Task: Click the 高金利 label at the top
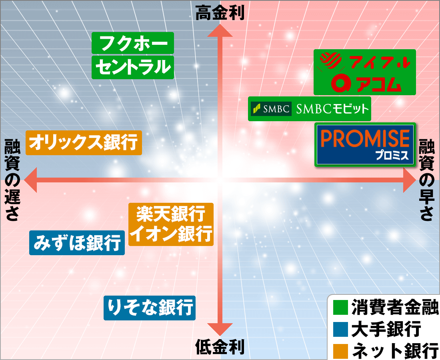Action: coord(220,13)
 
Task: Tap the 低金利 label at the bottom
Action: coord(220,347)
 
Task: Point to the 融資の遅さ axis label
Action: coord(12,180)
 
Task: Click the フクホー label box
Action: coord(133,43)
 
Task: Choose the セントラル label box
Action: coord(133,67)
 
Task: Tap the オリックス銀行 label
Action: coord(84,142)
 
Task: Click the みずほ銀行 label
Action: coord(77,243)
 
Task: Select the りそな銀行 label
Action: coord(150,308)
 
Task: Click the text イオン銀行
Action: coord(171,234)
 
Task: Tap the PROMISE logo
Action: coord(365,144)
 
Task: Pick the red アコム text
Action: coord(379,84)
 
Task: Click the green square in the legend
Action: coord(340,308)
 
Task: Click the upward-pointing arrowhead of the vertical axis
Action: coord(220,30)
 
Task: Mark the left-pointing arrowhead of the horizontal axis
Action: coord(30,180)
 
